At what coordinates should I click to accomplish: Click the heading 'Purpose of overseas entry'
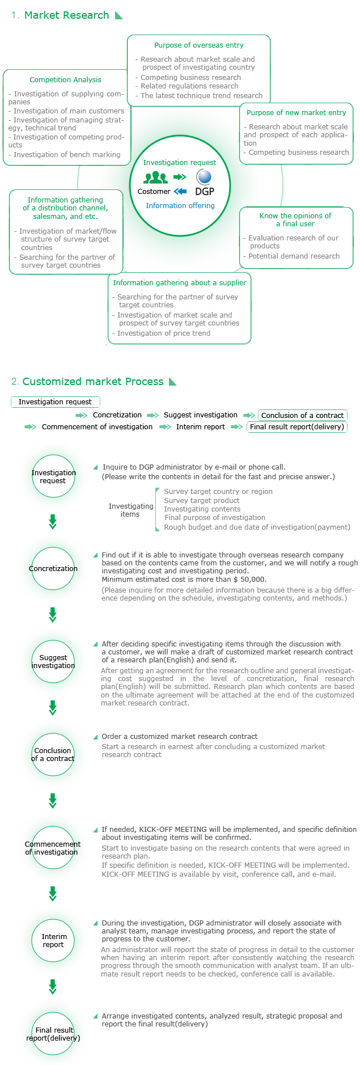point(198,45)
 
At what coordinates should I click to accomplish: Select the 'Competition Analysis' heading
point(65,80)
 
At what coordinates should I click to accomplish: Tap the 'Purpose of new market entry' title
point(296,113)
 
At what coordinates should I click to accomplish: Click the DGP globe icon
point(204,177)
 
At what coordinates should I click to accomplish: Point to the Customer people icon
point(155,178)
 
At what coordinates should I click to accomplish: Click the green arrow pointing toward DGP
point(180,177)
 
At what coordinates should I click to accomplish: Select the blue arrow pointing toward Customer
point(180,191)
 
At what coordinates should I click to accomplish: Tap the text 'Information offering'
point(180,206)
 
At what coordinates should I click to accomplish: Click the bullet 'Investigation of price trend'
point(163,333)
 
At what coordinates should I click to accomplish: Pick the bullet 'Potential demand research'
point(294,256)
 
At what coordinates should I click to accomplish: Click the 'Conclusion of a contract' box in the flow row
point(302,415)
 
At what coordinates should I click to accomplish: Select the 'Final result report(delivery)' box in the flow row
point(297,427)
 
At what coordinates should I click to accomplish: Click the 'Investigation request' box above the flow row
point(55,402)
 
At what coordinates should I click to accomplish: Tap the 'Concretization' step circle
point(53,569)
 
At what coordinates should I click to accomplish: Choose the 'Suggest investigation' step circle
point(53,662)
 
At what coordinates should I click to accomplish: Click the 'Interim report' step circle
point(53,940)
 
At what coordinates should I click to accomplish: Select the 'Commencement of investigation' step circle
point(53,848)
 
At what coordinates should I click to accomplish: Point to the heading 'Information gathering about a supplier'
point(180,283)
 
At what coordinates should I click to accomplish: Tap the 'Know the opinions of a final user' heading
point(295,220)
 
